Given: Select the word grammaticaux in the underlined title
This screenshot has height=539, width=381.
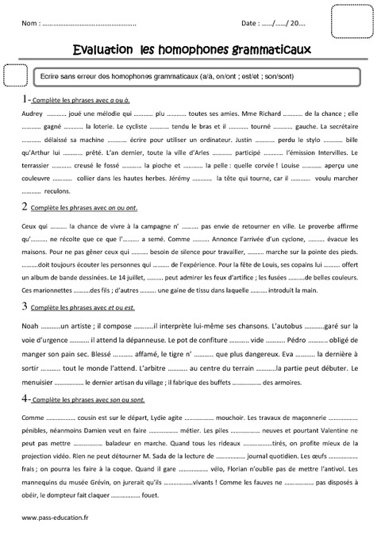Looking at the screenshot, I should coord(267,50).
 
